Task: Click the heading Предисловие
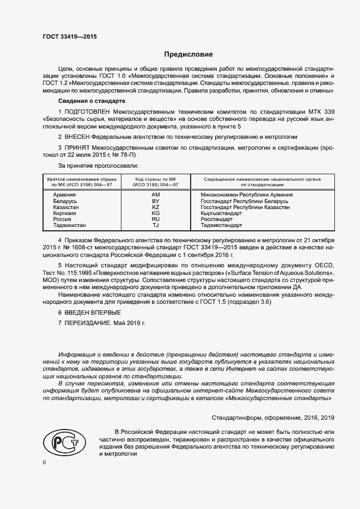click(189, 54)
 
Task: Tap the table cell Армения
click(64, 194)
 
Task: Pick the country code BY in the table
click(155, 201)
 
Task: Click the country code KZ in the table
click(155, 207)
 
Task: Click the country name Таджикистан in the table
click(70, 225)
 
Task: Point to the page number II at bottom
click(45, 463)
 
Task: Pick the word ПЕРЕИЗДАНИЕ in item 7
click(88, 323)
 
